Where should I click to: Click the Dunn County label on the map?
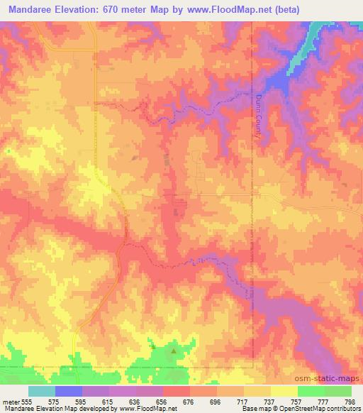(259, 116)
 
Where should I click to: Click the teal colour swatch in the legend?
(42, 391)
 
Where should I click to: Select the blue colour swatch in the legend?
(69, 391)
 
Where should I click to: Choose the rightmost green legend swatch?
(337, 391)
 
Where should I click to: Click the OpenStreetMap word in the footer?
(301, 409)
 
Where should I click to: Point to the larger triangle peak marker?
(174, 349)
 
